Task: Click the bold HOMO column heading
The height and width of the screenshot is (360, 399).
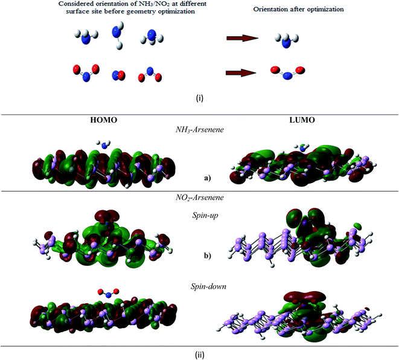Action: point(104,120)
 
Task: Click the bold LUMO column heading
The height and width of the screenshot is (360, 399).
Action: point(302,120)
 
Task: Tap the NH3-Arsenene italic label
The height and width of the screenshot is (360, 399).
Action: point(199,130)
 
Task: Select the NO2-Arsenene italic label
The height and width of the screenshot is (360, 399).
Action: point(199,198)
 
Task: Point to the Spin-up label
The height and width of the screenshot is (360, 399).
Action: point(205,216)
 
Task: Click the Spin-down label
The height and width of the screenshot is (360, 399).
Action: point(208,287)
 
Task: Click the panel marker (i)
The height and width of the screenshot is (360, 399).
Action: point(199,98)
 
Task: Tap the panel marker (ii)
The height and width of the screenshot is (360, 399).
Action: point(199,355)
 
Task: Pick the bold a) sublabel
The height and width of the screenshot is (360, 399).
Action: point(208,178)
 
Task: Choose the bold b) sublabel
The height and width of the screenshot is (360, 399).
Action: point(208,256)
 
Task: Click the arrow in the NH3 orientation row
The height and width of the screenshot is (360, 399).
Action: point(242,39)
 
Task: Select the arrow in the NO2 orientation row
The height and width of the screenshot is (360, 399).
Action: point(241,73)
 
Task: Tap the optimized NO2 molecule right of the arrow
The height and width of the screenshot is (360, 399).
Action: point(287,72)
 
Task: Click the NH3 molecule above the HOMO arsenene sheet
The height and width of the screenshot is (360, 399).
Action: point(103,144)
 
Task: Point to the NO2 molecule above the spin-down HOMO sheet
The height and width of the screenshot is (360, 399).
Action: point(109,293)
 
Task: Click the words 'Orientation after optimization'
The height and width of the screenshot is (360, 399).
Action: point(298,10)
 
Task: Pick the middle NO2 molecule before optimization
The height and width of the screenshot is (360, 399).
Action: point(118,76)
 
